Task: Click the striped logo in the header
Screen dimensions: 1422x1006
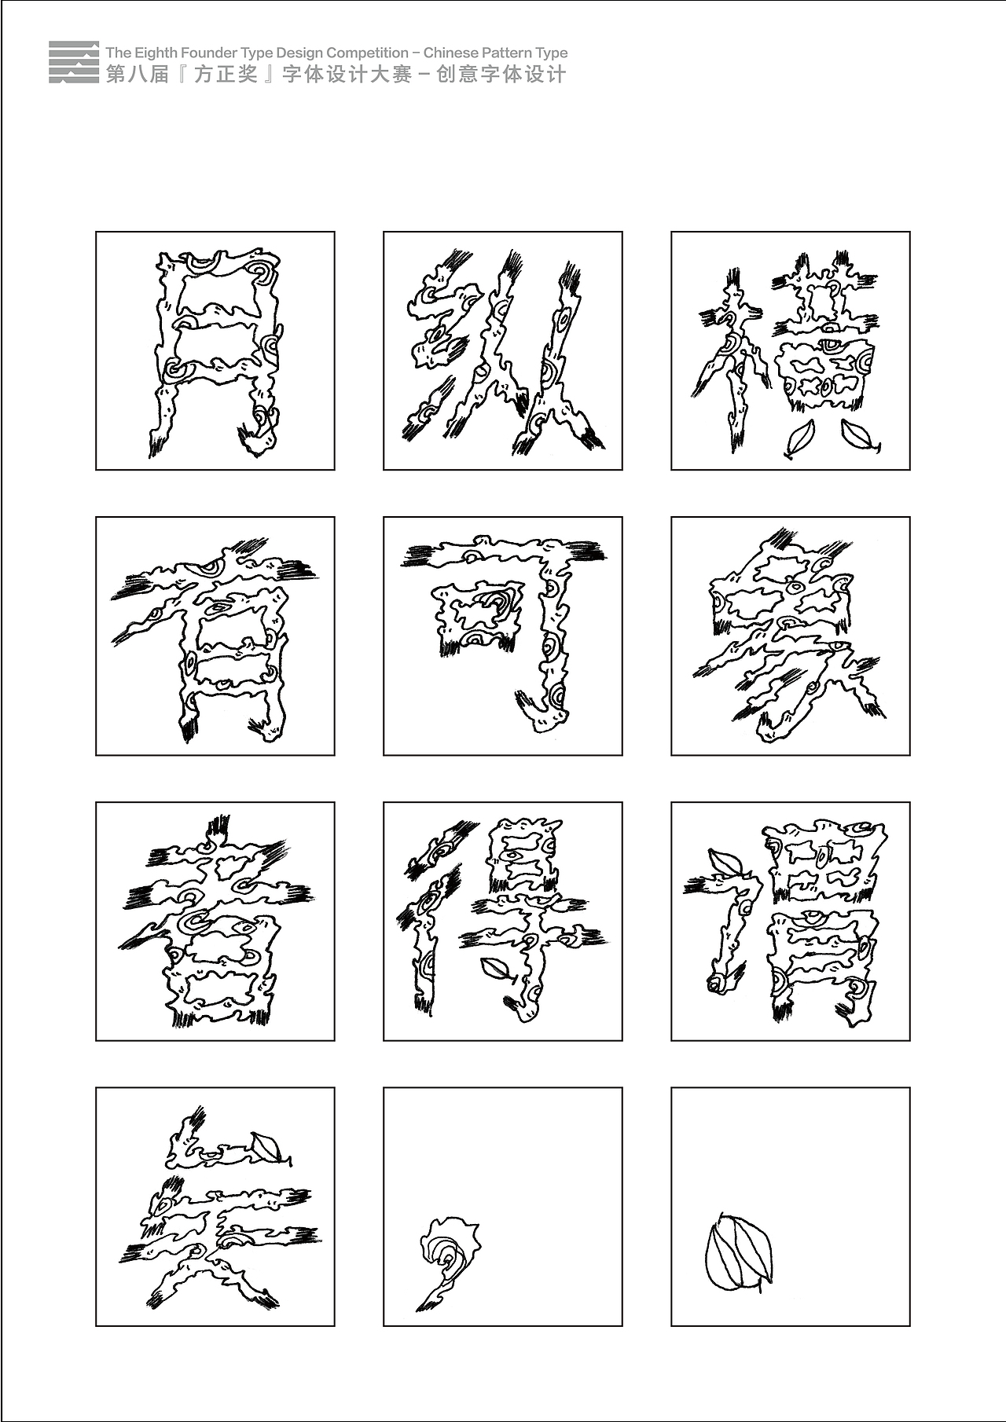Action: (x=74, y=62)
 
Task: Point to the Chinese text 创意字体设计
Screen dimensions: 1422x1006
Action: (x=501, y=75)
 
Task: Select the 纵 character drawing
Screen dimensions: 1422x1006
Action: (x=503, y=351)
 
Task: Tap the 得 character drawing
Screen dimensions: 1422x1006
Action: (x=503, y=919)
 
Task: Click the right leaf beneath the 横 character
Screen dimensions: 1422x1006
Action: (x=858, y=437)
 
